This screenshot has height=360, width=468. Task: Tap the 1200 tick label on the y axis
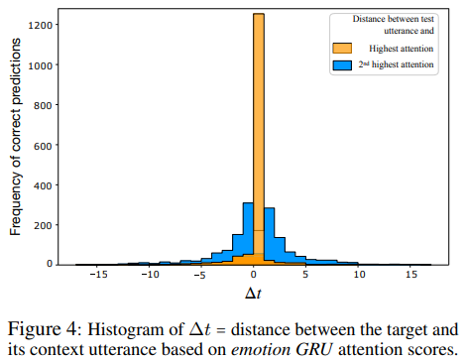tap(40, 24)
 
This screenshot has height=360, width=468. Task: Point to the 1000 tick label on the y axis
tap(40, 64)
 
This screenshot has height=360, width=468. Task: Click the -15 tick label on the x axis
tap(96, 279)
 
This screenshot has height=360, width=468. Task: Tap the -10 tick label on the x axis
tap(149, 279)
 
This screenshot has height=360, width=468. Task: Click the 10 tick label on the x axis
tap(359, 279)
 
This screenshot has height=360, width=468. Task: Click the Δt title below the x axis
tap(254, 296)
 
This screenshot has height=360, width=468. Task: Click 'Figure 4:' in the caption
tap(42, 327)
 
